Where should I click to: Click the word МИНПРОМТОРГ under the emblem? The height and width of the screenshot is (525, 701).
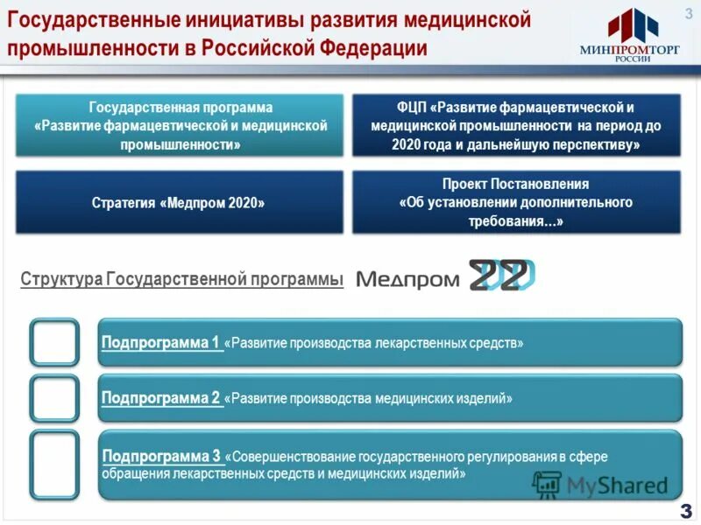point(628,50)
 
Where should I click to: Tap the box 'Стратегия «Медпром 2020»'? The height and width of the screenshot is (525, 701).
point(178,202)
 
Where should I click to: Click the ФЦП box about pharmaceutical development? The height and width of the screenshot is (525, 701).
point(515,126)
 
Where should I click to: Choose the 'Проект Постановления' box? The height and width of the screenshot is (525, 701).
point(515,202)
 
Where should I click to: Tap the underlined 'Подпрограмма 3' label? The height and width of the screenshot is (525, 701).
point(162,456)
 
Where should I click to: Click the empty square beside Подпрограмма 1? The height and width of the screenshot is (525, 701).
point(54,342)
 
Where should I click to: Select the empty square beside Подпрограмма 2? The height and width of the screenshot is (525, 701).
point(54,398)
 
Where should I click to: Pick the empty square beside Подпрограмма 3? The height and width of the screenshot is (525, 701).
point(54,462)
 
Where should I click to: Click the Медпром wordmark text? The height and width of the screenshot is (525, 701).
point(408,278)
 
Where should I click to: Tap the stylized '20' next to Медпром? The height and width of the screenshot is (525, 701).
point(500,276)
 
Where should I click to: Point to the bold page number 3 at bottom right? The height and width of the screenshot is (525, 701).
point(684,511)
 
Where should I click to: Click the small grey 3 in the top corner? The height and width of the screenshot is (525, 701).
point(687,10)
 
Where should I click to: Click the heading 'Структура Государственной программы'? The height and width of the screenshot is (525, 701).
point(181,279)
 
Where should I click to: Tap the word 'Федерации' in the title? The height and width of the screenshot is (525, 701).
point(382,46)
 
